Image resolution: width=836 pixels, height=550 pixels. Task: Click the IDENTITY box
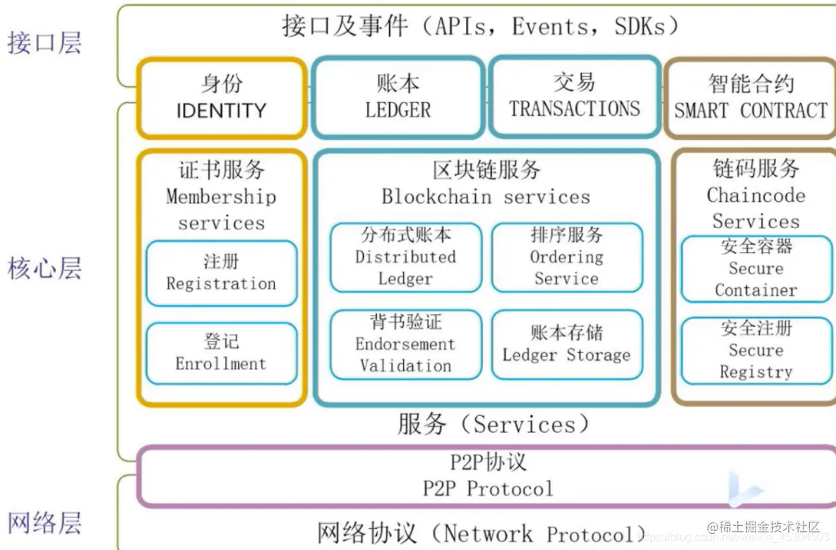pyautogui.click(x=221, y=97)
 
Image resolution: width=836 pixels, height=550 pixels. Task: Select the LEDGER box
pyautogui.click(x=398, y=97)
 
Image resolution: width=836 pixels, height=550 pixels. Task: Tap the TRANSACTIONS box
pyautogui.click(x=574, y=97)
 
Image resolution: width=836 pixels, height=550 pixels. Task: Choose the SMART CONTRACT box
pyautogui.click(x=750, y=97)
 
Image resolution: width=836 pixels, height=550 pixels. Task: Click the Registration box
pyautogui.click(x=221, y=273)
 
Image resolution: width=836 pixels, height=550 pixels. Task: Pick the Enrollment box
pyautogui.click(x=221, y=353)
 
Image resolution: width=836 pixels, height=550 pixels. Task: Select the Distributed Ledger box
pyautogui.click(x=405, y=257)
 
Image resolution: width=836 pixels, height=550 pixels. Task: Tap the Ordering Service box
pyautogui.click(x=566, y=257)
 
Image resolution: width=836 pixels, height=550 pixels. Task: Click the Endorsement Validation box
pyautogui.click(x=405, y=345)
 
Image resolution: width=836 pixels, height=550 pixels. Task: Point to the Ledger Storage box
pyautogui.click(x=566, y=345)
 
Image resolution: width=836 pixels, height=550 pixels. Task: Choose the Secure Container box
pyautogui.click(x=756, y=268)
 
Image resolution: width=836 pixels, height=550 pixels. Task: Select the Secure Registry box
pyautogui.click(x=756, y=350)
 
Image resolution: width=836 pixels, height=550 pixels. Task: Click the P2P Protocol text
pyautogui.click(x=488, y=488)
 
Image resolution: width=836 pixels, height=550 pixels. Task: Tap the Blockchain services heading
pyautogui.click(x=486, y=196)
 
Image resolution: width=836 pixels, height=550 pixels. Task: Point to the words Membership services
pyautogui.click(x=221, y=210)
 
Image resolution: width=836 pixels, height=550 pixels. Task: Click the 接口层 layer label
pyautogui.click(x=44, y=42)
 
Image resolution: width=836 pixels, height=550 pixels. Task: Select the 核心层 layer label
pyautogui.click(x=44, y=269)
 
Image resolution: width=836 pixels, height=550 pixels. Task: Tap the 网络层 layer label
pyautogui.click(x=44, y=523)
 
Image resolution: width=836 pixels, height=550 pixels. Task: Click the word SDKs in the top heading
pyautogui.click(x=639, y=26)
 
